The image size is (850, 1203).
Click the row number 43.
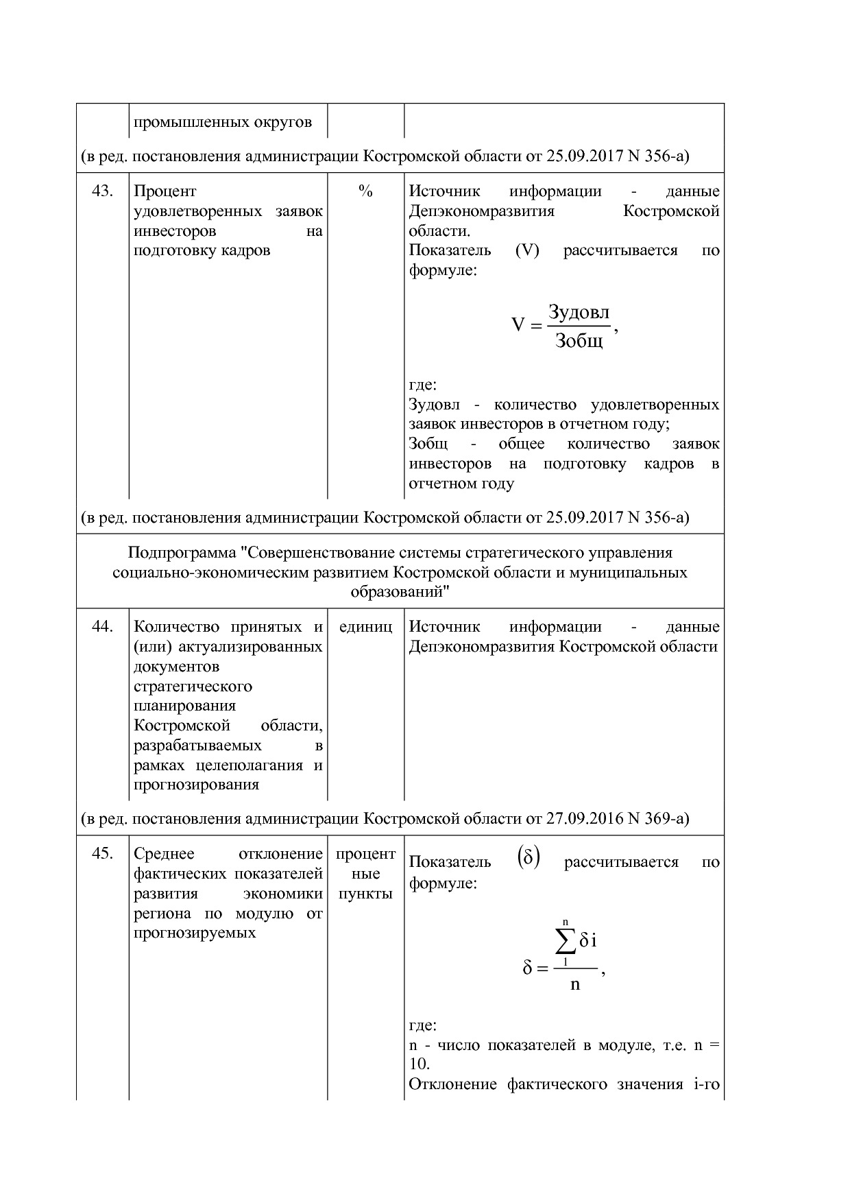102,191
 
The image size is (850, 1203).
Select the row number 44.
102,627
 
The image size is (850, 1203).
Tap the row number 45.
102,854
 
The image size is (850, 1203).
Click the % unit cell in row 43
365,191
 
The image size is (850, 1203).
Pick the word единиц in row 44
365,627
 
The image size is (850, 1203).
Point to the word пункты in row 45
365,894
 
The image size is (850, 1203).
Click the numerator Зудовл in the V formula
579,313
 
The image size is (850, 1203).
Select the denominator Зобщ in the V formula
579,340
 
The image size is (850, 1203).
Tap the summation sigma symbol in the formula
566,941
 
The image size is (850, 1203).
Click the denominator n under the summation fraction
575,984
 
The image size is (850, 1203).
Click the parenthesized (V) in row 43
526,250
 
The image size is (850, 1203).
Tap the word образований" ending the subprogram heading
400,591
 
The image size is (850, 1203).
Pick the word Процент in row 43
165,191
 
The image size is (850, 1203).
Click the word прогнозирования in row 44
196,785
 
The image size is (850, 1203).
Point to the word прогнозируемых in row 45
195,933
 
